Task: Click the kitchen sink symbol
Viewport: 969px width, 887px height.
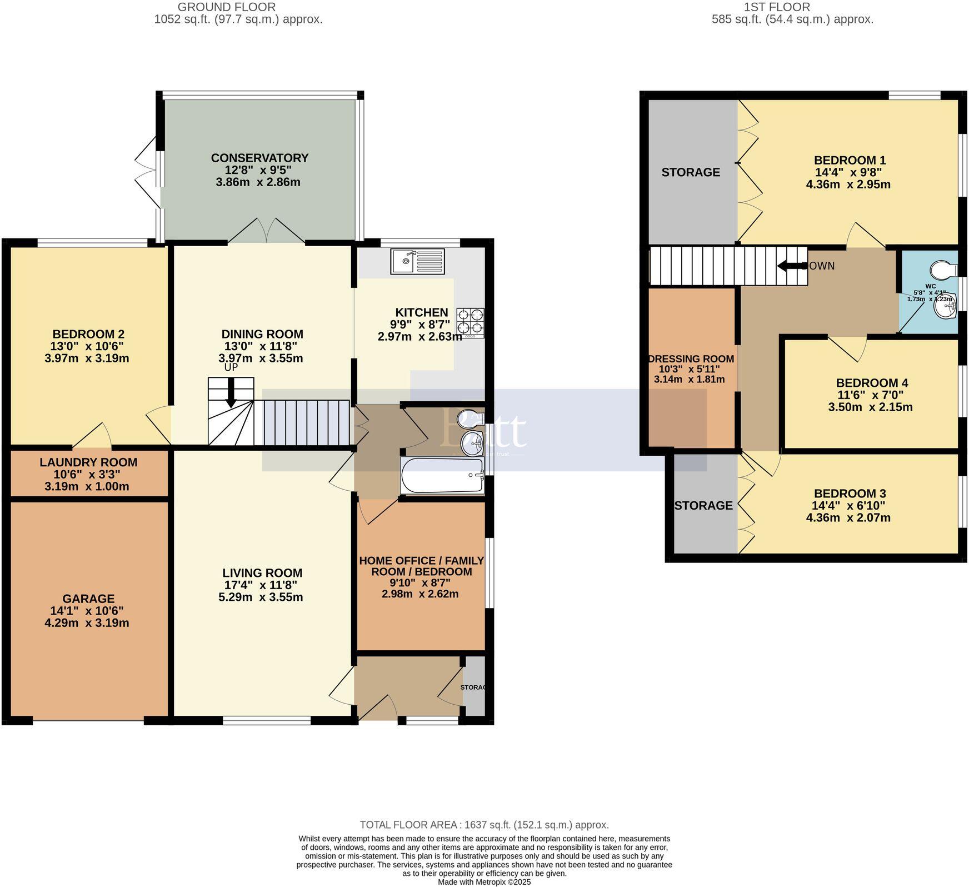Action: (417, 261)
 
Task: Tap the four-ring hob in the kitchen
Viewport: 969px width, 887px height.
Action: (470, 322)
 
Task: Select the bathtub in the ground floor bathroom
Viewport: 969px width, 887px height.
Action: (442, 476)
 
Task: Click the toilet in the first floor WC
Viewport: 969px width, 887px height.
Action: (945, 270)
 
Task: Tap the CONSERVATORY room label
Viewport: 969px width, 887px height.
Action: (259, 158)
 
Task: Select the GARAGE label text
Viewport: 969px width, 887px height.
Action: (88, 599)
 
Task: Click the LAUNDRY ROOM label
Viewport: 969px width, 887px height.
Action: (88, 462)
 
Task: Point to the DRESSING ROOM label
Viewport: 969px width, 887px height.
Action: (691, 359)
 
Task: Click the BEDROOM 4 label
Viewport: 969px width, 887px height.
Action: (872, 383)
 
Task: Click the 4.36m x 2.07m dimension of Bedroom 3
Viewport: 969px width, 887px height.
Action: (848, 518)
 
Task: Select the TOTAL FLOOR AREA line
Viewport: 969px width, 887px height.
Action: (484, 825)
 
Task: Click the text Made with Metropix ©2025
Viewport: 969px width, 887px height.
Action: (484, 882)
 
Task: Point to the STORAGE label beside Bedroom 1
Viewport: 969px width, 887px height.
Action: (691, 172)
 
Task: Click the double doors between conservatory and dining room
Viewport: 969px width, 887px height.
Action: (267, 232)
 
